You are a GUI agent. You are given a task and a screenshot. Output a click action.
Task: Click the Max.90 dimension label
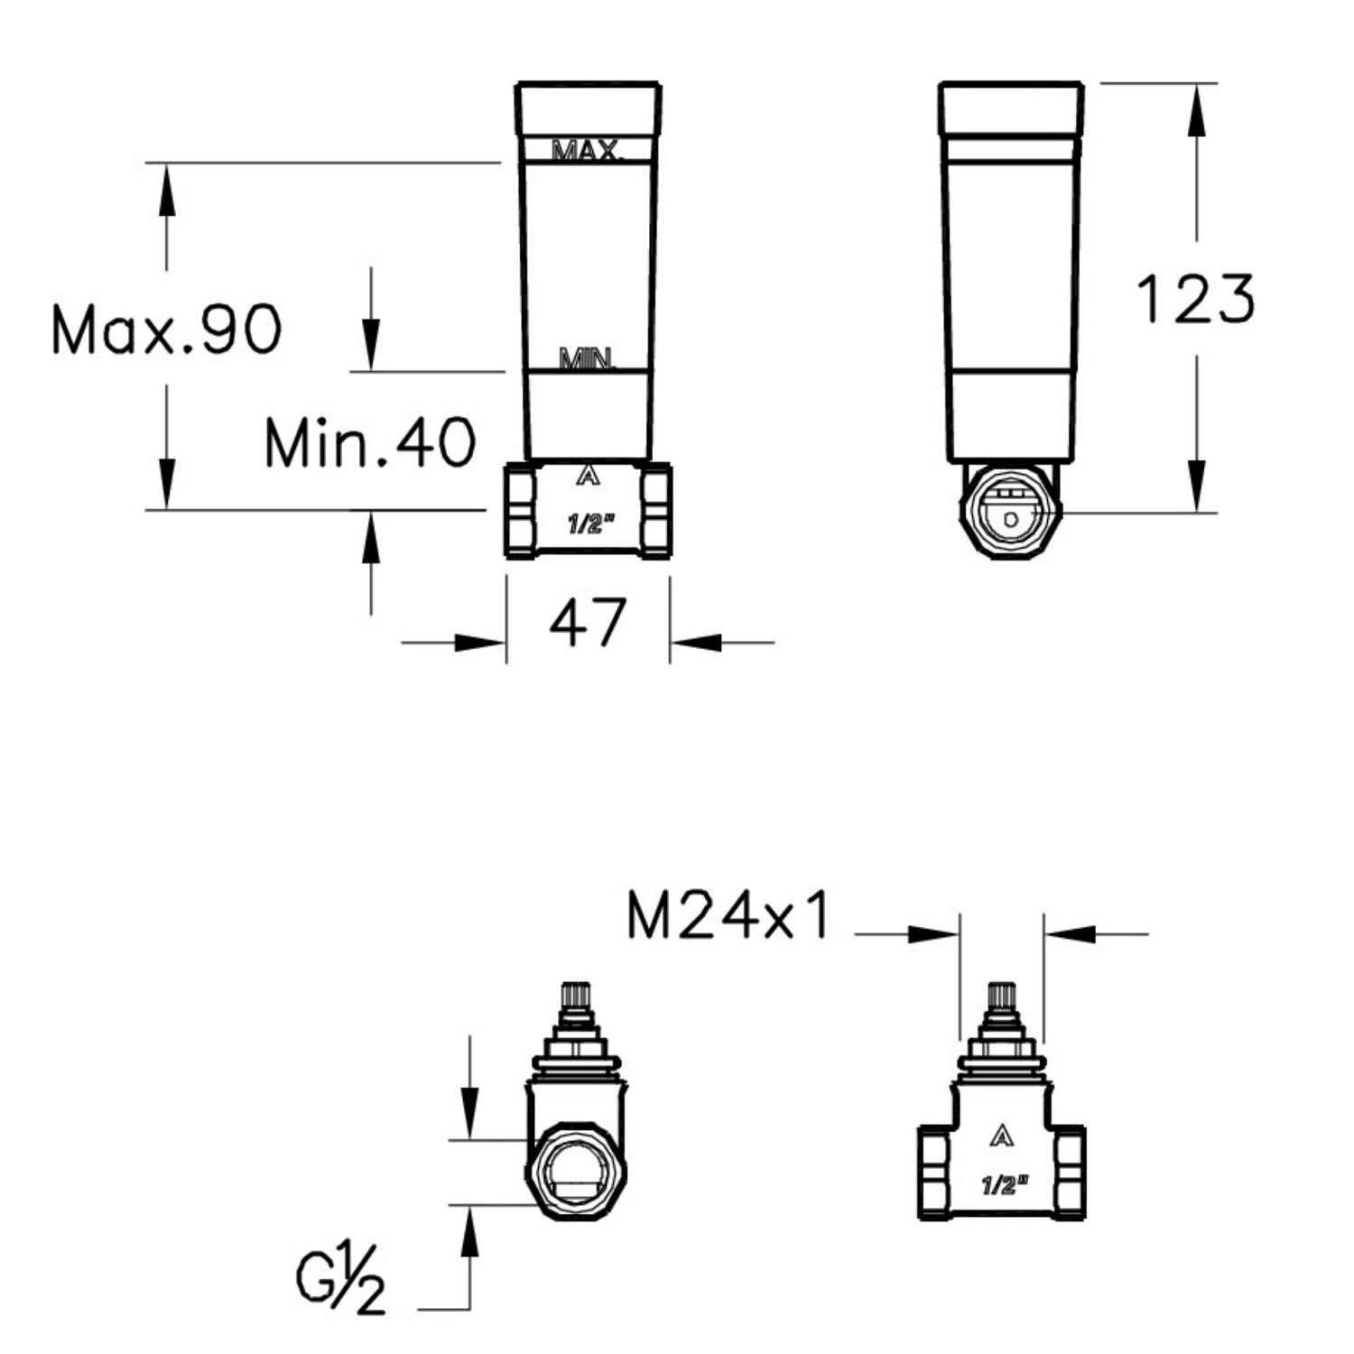pos(167,329)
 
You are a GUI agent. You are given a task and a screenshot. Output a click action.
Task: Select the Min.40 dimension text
pos(370,442)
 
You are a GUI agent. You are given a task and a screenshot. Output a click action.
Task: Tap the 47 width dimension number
pos(588,622)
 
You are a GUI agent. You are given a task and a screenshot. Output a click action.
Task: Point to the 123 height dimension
pos(1195,299)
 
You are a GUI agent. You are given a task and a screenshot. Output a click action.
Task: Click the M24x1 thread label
pos(728,917)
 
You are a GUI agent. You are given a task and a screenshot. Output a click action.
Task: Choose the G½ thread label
pos(341,1279)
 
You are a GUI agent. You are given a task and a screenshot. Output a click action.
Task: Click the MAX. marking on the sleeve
pos(588,150)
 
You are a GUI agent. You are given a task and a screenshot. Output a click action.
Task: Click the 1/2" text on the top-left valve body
pos(589,524)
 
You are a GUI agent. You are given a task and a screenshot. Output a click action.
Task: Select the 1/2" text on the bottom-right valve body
pos(1002,1184)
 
